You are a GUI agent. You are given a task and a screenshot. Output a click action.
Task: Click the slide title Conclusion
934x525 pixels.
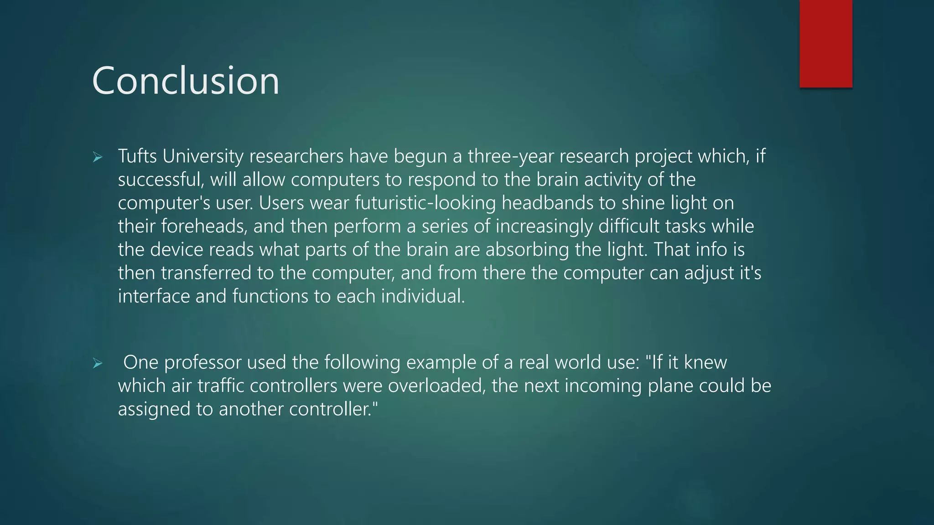click(x=186, y=81)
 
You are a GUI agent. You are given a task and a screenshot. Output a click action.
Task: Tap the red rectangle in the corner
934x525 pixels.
click(x=825, y=44)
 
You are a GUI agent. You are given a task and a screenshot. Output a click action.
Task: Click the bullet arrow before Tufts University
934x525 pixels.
click(x=97, y=158)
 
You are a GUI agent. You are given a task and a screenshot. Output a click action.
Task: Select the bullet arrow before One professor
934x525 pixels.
click(x=97, y=364)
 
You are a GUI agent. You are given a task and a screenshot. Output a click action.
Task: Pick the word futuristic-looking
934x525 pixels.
click(x=425, y=203)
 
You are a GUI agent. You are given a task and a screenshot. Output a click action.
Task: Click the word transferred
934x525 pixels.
click(x=206, y=273)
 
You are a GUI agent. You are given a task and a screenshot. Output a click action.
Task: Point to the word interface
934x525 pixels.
click(x=154, y=296)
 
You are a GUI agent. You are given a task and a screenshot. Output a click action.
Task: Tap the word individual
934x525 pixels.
click(x=423, y=296)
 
